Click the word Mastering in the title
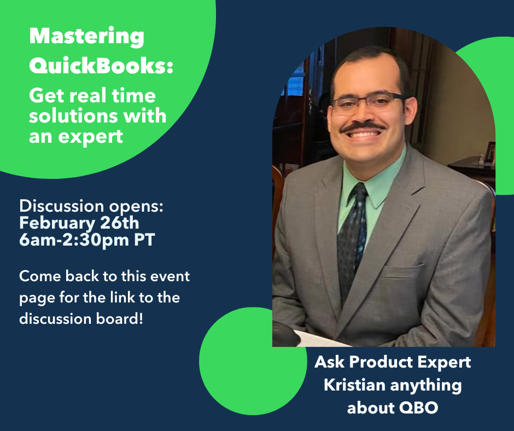pyautogui.click(x=86, y=37)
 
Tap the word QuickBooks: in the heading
pyautogui.click(x=101, y=65)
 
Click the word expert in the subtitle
pyautogui.click(x=90, y=137)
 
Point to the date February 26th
pyautogui.click(x=79, y=223)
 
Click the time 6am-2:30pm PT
pyautogui.click(x=87, y=240)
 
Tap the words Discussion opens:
pyautogui.click(x=91, y=206)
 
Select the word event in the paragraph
pyautogui.click(x=170, y=276)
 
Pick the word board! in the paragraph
pyautogui.click(x=120, y=318)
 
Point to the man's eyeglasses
pyautogui.click(x=369, y=102)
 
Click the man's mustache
pyautogui.click(x=362, y=126)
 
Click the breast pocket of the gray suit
pyautogui.click(x=402, y=270)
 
